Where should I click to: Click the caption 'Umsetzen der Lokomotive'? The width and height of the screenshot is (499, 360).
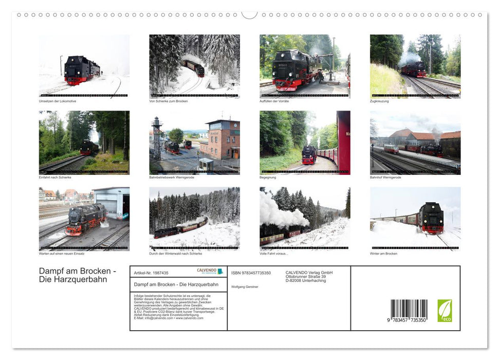pyautogui.click(x=58, y=101)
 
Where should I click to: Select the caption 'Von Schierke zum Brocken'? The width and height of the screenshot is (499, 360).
pyautogui.click(x=169, y=101)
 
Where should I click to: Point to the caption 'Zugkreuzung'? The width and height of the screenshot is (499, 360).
pyautogui.click(x=379, y=101)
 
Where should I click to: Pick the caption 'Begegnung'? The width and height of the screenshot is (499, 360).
pyautogui.click(x=269, y=177)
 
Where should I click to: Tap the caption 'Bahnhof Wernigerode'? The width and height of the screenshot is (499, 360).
pyautogui.click(x=385, y=177)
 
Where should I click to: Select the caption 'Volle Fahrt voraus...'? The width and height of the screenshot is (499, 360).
pyautogui.click(x=274, y=254)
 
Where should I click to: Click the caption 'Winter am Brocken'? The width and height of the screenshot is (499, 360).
pyautogui.click(x=383, y=254)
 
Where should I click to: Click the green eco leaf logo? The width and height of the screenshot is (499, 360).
pyautogui.click(x=445, y=311)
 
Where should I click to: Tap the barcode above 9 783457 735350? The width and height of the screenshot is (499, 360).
pyautogui.click(x=409, y=309)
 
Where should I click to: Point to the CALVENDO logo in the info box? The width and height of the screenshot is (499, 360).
pyautogui.click(x=210, y=271)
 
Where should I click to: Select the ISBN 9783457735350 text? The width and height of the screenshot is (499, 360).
pyautogui.click(x=251, y=273)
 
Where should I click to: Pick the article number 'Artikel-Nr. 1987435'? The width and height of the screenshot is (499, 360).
pyautogui.click(x=151, y=273)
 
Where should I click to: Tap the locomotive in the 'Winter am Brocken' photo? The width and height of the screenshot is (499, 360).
pyautogui.click(x=431, y=218)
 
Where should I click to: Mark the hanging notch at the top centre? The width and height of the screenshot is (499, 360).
pyautogui.click(x=249, y=15)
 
